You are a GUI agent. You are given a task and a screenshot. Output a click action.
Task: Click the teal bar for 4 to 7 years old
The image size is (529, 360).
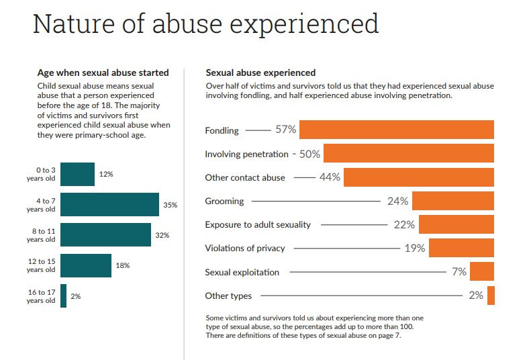point(109,204)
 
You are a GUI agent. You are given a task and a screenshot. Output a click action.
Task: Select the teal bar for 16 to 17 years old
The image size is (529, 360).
point(64,296)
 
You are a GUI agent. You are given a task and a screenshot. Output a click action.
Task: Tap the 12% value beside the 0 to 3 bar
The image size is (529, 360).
point(106,174)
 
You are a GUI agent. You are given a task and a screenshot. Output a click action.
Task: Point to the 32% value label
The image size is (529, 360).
point(162,235)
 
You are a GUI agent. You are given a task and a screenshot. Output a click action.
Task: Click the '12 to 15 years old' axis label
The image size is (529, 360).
point(41,265)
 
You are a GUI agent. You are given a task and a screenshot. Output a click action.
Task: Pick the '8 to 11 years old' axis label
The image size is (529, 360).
point(41,235)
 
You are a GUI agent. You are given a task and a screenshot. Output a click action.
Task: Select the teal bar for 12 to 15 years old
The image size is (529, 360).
point(86,265)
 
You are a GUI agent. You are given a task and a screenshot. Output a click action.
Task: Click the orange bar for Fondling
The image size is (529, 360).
point(397,130)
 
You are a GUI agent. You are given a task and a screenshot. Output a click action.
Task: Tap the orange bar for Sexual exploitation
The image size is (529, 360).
point(482,271)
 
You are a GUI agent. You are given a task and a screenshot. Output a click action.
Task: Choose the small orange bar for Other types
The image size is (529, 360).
point(491,296)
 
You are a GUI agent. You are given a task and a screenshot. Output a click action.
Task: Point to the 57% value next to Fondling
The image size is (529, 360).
point(285,130)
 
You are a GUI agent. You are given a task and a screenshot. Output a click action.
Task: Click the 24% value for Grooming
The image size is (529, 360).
point(397,201)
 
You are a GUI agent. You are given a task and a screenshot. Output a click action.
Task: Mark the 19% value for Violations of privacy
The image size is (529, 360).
point(414,248)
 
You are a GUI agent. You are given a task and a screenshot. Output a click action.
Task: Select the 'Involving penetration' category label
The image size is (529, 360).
point(246,154)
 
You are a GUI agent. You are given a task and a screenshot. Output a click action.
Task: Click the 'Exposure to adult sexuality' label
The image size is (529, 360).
point(258,224)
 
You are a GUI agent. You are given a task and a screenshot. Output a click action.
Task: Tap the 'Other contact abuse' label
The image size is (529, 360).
point(245,177)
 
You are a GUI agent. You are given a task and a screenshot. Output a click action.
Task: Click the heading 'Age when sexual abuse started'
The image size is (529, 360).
point(103,73)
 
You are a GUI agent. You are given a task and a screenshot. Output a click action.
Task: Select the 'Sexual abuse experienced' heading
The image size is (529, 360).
point(260,73)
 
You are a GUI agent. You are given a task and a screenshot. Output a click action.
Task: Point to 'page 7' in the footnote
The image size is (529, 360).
point(387,335)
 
